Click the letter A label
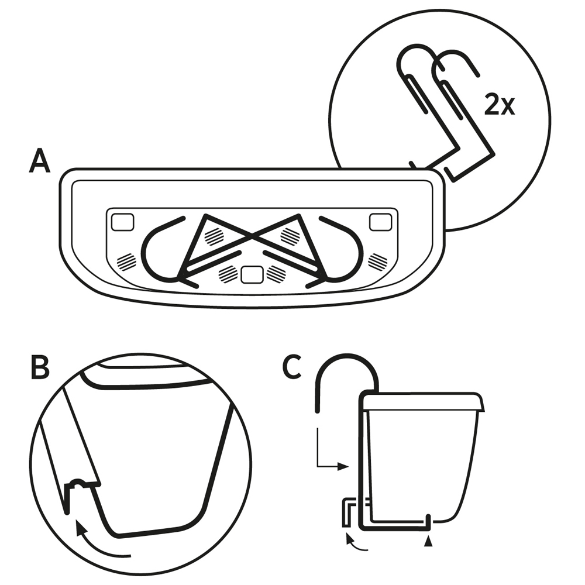[x=39, y=161]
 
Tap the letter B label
[x=40, y=368]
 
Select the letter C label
[x=292, y=368]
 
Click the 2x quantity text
[x=500, y=105]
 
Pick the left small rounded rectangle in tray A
[x=122, y=222]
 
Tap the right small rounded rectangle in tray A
[x=380, y=222]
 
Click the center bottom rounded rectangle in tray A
[x=252, y=274]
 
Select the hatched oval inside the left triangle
[x=214, y=236]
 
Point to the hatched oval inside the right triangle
[x=290, y=236]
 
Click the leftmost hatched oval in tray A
[x=126, y=261]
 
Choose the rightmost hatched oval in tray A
[x=377, y=261]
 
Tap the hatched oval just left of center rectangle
[x=227, y=273]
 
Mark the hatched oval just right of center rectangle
[x=276, y=273]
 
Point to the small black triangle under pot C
[x=430, y=542]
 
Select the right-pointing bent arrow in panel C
[x=331, y=456]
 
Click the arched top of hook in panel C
[x=347, y=358]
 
